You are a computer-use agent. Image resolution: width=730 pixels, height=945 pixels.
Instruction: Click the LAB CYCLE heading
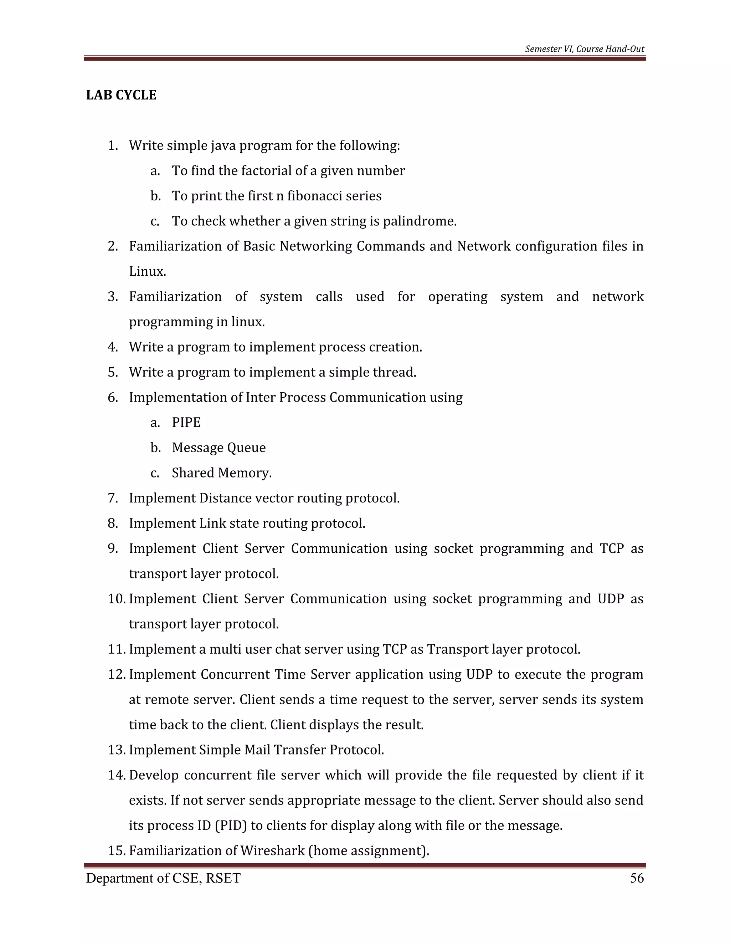tap(121, 95)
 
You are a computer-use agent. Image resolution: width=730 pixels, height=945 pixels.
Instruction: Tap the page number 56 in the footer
tap(637, 878)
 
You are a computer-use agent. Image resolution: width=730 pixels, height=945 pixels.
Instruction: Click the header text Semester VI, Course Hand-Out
tap(584, 49)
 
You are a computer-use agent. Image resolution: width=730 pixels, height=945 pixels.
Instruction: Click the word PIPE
tap(186, 422)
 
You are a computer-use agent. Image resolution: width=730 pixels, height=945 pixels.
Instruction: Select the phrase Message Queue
tap(219, 448)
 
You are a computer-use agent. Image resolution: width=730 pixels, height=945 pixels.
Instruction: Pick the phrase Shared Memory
tap(221, 472)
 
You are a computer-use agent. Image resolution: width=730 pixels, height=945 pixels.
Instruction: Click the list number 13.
tap(116, 750)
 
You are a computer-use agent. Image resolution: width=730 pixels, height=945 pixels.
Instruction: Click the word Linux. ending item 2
tap(148, 272)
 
